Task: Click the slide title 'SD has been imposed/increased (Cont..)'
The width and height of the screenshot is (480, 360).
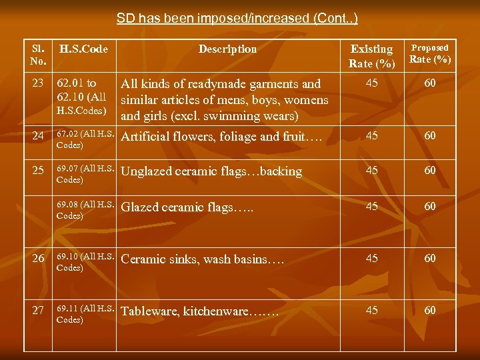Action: pos(237,18)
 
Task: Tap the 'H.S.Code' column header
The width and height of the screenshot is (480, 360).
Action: pos(84,49)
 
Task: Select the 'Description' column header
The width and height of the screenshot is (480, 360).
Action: pos(227,49)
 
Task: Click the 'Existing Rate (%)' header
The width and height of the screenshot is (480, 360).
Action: pos(371,56)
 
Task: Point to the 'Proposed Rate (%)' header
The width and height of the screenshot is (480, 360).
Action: pos(429,53)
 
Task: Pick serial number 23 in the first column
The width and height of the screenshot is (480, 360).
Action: pos(38,85)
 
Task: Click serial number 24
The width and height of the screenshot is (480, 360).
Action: pos(38,137)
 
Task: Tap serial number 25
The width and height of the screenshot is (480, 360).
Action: pos(38,171)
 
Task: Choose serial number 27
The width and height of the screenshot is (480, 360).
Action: pos(38,311)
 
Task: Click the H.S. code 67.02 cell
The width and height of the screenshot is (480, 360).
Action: pos(85,139)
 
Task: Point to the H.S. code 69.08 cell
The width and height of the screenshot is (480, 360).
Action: pos(85,211)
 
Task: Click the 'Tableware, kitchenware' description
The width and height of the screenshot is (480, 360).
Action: pos(200,311)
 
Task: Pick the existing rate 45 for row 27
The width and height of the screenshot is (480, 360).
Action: pos(371,310)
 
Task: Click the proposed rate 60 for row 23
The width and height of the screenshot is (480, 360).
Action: pos(430,83)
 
